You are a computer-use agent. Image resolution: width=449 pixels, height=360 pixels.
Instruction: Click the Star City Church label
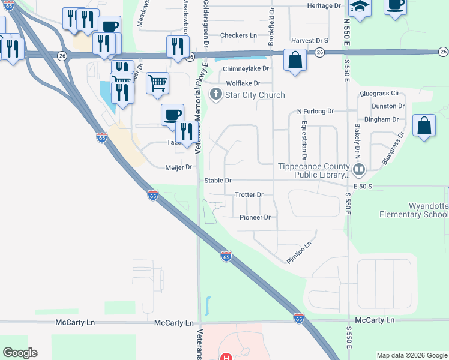click(255, 95)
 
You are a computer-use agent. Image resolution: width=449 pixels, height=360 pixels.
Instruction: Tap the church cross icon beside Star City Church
click(215, 94)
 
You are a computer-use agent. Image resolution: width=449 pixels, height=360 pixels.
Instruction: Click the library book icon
click(359, 170)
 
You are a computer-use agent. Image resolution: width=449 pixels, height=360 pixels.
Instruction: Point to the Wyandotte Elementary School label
click(414, 210)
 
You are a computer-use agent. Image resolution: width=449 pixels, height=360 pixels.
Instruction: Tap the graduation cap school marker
click(360, 7)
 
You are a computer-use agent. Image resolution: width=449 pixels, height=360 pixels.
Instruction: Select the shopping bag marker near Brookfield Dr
click(294, 60)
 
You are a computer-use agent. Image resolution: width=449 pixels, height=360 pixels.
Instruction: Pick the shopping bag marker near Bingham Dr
click(424, 126)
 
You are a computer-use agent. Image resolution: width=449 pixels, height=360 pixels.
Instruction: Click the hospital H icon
click(226, 357)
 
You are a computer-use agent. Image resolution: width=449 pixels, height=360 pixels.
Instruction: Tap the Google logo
click(20, 353)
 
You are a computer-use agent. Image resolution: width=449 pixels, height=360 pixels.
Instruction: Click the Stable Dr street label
click(217, 180)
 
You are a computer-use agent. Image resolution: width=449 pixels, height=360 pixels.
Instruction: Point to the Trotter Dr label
click(249, 195)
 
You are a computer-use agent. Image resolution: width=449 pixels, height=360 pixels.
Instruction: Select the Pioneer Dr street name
click(255, 217)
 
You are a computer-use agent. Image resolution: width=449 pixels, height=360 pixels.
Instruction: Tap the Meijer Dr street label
click(178, 167)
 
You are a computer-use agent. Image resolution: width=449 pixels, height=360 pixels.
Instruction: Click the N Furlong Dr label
click(315, 112)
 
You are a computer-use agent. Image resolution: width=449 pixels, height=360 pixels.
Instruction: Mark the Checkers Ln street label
click(238, 35)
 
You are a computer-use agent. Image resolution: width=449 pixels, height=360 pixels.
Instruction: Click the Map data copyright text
click(411, 355)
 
